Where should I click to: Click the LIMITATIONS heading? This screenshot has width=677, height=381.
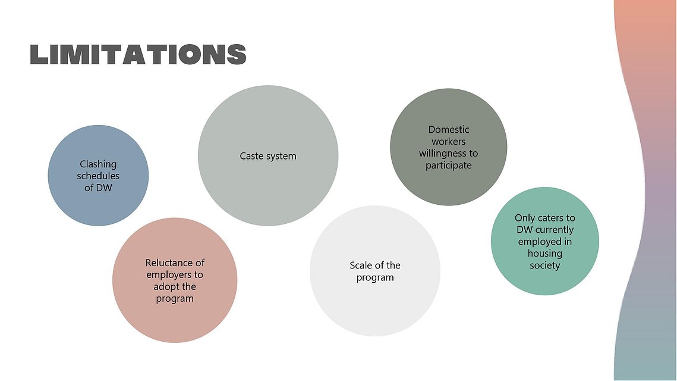coord(138,55)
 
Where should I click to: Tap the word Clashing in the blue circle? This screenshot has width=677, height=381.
coord(98,165)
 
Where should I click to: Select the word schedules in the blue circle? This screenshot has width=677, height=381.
coord(98,176)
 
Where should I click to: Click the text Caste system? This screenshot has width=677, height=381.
coord(268,156)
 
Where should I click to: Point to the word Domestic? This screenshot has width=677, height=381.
coord(449,129)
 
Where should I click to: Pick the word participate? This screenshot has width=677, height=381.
coord(449,165)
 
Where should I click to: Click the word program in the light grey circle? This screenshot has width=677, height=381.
coord(375,277)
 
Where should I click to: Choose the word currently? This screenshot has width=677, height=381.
coord(555,230)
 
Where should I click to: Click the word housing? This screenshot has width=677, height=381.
coord(545,254)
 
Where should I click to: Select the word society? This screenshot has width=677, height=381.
coord(545,266)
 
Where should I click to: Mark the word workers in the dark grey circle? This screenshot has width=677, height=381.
coord(449,142)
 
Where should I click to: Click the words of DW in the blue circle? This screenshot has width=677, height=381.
coord(98,188)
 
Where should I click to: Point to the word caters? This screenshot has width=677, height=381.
coord(550,218)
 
